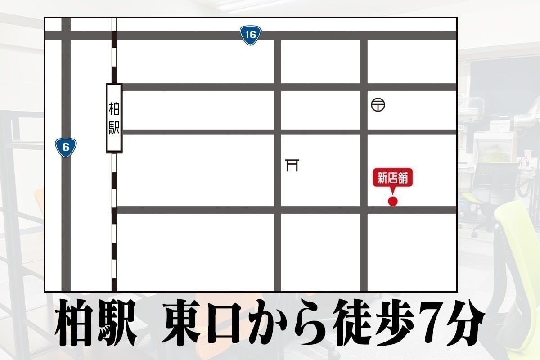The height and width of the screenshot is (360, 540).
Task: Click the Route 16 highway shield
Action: pos(251,35)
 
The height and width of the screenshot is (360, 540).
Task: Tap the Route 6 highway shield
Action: pos(66,147)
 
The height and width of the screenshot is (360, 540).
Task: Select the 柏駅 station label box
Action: pos(114,117)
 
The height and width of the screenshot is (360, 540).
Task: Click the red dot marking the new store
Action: pos(393,201)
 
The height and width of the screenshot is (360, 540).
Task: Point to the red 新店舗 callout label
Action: pos(392,179)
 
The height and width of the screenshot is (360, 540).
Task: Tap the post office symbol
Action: pos(378,105)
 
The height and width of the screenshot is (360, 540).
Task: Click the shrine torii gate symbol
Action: pos(292,165)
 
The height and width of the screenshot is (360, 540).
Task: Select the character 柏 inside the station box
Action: pos(114,109)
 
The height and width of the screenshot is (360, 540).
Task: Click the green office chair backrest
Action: pos(517,252)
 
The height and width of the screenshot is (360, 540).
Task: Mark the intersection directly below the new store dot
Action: pos(364,210)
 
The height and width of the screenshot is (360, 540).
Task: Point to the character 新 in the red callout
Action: pos(382,179)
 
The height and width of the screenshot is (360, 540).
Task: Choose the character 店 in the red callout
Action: pos(392,179)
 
